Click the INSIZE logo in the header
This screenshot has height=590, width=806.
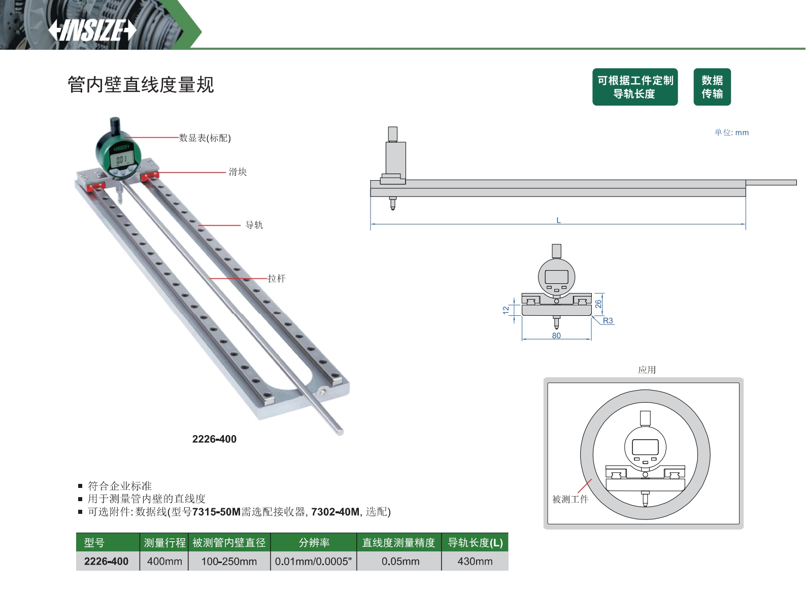pos(92,30)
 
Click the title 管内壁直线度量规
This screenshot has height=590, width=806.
pos(141,85)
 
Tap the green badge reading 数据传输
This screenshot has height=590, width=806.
pos(712,87)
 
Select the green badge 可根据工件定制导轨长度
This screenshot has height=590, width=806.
pos(635,87)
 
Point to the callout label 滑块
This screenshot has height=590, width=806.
pos(238,172)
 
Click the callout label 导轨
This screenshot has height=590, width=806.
pos(254,225)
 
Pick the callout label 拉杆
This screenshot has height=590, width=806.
pos(276,278)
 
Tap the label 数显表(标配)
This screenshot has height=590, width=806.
pos(205,138)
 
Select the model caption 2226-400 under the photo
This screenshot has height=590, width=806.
pos(215,439)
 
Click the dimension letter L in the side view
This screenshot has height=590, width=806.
pos(558,220)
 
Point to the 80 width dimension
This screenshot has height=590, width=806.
pos(556,336)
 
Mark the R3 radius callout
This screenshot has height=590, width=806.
pos(608,320)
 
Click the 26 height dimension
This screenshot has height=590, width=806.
pos(598,304)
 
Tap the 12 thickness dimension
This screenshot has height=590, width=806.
pos(506,310)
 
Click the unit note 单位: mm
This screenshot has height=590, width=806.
pos(731,133)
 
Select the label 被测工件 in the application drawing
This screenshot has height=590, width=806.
pos(570,499)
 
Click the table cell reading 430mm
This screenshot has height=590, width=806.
pos(475,561)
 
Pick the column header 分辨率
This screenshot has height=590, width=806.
pos(314,542)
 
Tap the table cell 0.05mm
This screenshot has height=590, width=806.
pos(400,561)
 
